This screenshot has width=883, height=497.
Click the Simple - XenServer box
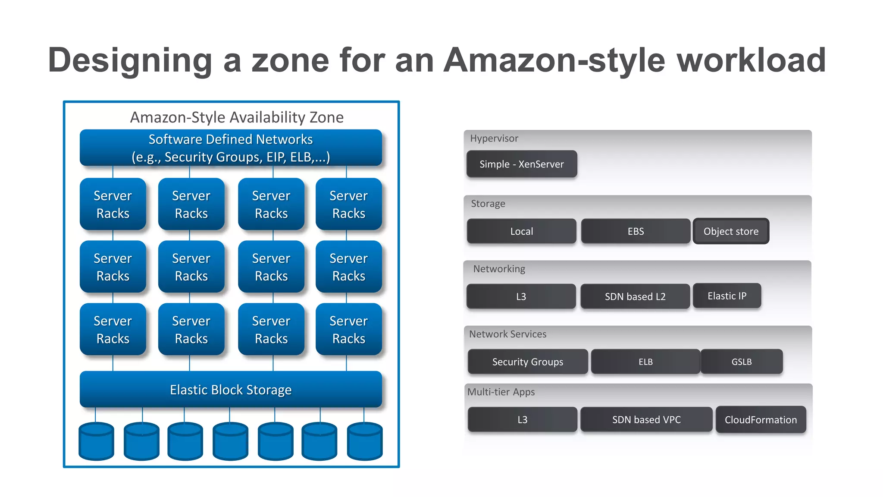coord(522,164)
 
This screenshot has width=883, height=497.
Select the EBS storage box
coord(636,231)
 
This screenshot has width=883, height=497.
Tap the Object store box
coord(731,231)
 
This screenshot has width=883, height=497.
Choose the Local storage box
coord(522,231)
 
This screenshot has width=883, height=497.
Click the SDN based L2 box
coord(635,296)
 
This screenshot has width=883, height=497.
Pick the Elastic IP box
coord(727,296)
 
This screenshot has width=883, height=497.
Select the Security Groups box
coord(528,362)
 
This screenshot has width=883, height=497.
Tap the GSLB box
coord(742,362)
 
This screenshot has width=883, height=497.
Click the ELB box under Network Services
coord(645,362)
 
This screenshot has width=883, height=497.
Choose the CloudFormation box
coord(761,419)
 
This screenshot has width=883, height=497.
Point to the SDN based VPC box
coord(646,419)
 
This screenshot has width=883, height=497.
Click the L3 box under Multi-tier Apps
coord(522,419)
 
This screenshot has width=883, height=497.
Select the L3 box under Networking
coord(521,296)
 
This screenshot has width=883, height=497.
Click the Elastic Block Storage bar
coord(231,390)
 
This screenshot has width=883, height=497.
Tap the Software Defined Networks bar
coord(231,148)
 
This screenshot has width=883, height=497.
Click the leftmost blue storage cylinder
coord(97,441)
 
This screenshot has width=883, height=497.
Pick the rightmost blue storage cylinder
coord(365,441)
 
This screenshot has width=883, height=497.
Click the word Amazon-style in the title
coord(554,60)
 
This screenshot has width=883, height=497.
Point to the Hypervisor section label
coord(494,138)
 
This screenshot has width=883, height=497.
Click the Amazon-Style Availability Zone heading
coord(237,117)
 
